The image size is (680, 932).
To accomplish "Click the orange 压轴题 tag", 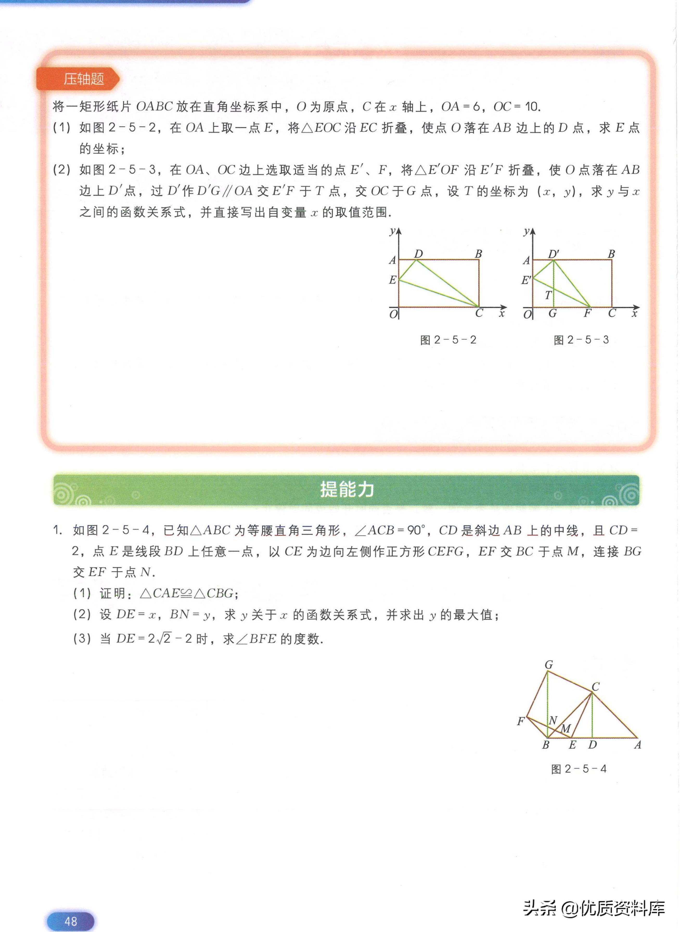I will (x=83, y=79).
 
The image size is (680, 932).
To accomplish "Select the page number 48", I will (x=70, y=921).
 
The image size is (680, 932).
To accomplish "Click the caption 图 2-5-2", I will (x=448, y=340).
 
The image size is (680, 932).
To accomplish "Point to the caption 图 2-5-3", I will (x=581, y=340).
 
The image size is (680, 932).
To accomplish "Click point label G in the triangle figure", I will (x=549, y=665).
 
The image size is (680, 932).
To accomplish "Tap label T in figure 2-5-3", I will (x=548, y=295).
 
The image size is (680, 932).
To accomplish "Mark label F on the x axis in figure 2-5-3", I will (x=587, y=313).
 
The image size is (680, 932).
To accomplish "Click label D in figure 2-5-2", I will (x=418, y=254).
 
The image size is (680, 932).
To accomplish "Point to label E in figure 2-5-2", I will (x=393, y=280).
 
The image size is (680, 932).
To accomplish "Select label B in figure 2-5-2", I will (x=478, y=254).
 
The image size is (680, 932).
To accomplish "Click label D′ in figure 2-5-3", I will (x=553, y=254).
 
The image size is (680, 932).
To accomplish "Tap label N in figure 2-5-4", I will (x=553, y=720).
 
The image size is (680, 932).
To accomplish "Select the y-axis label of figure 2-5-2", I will (x=393, y=231).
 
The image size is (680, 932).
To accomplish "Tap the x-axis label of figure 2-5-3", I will (x=634, y=314).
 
